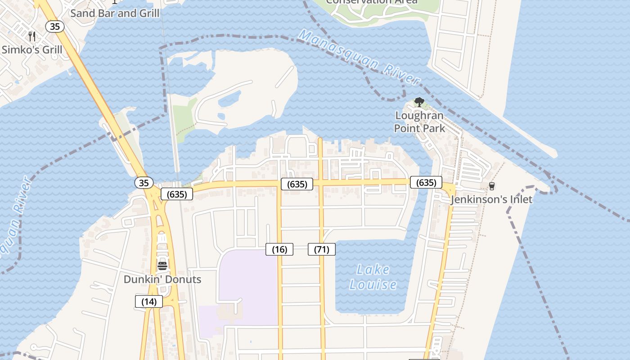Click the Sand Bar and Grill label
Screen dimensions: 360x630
(x=115, y=13)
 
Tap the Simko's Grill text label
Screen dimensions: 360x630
(x=32, y=49)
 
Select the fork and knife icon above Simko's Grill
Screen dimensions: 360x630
(x=32, y=36)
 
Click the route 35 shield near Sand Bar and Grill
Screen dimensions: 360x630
(x=55, y=27)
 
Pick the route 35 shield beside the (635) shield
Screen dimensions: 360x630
(x=144, y=183)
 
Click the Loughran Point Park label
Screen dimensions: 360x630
(x=419, y=122)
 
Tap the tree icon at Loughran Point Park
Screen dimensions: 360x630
(x=419, y=102)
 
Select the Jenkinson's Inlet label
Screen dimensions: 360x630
(x=491, y=199)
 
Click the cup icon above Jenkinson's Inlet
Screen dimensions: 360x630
(x=491, y=186)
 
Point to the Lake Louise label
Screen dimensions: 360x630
(x=373, y=277)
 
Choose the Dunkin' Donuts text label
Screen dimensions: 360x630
(x=162, y=279)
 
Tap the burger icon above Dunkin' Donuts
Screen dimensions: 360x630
(x=162, y=265)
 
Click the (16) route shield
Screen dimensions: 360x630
(x=279, y=249)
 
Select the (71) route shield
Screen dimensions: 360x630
(x=322, y=249)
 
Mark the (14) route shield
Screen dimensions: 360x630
(x=149, y=301)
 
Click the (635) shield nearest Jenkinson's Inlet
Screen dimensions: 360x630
(x=426, y=182)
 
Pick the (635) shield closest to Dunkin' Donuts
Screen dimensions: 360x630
(x=177, y=194)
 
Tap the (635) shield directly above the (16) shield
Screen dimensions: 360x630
(x=297, y=184)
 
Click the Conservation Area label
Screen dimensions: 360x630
(x=371, y=2)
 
